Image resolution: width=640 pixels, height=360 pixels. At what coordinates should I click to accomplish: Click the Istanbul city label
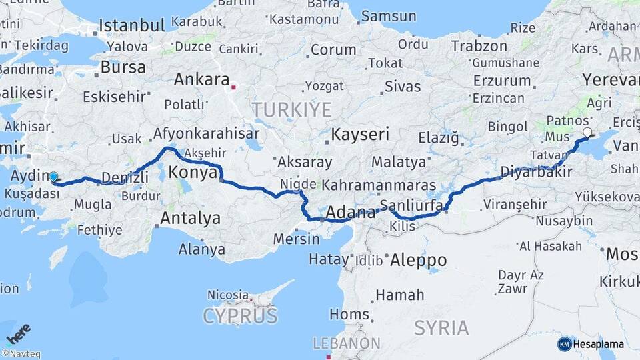tap(132, 26)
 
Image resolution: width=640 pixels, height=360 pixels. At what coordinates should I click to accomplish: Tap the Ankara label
tap(201, 79)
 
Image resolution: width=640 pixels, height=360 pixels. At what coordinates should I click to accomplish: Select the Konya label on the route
tap(193, 173)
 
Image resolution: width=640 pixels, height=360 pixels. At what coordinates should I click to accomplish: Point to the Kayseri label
tap(360, 134)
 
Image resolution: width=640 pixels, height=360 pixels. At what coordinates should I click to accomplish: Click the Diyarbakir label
tap(536, 171)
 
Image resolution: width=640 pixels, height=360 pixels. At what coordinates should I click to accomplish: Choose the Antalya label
tap(190, 218)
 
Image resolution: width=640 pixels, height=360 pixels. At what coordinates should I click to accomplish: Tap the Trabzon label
tap(479, 46)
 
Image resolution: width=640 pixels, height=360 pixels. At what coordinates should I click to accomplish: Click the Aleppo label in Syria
tap(418, 259)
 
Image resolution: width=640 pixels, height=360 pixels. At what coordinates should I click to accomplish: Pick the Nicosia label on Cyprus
tap(228, 294)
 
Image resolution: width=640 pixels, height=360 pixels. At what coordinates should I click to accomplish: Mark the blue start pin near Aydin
tap(53, 177)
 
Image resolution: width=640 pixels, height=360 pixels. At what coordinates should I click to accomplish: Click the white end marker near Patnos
tap(587, 133)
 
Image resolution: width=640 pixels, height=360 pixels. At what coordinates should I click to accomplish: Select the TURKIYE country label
tap(291, 109)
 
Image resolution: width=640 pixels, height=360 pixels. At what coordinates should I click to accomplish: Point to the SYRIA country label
tap(441, 327)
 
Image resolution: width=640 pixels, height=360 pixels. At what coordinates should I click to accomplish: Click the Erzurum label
tap(502, 81)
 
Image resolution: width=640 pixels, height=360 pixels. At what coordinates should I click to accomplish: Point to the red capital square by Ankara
tap(233, 87)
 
